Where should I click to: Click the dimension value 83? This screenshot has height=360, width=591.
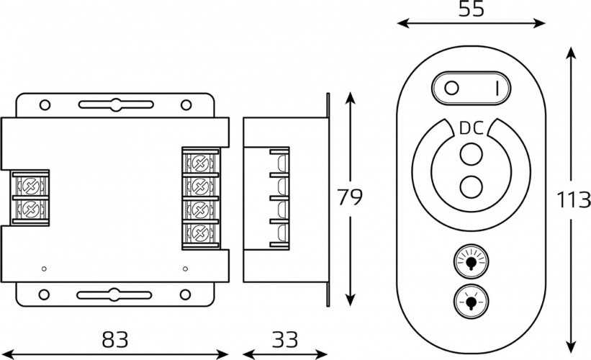(x=115, y=339)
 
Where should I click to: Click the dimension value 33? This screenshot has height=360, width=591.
(x=285, y=339)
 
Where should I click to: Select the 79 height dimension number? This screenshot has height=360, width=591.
(x=349, y=197)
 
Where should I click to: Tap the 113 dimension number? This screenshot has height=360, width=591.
(x=573, y=199)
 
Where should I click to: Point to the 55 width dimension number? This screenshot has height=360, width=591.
(x=471, y=9)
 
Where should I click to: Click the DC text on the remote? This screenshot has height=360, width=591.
(x=471, y=129)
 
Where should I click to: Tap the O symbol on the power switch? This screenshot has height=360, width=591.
(x=451, y=89)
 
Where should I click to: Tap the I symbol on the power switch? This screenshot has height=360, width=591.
(x=497, y=89)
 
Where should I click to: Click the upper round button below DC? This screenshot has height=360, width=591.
(x=471, y=154)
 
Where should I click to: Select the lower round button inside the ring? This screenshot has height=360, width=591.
(x=471, y=186)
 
